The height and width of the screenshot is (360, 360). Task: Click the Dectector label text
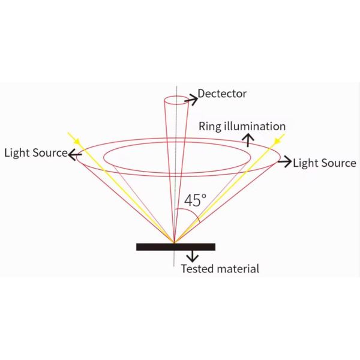point(222,94)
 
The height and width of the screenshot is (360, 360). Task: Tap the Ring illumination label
point(242,127)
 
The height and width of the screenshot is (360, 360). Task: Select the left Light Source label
point(36,153)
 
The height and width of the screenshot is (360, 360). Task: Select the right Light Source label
point(325,163)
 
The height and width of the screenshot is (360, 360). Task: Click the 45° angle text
point(195,200)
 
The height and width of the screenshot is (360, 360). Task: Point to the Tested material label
point(220,269)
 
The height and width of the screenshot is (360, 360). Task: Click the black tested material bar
point(176,247)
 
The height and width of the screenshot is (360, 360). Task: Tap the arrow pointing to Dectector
point(191,100)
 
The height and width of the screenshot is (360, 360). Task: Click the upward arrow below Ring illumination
point(248,140)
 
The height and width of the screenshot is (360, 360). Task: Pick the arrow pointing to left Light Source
point(75,154)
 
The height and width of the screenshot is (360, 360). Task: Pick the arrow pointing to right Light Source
point(284,161)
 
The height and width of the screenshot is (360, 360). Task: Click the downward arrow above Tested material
point(193,256)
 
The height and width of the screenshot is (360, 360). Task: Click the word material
point(238,268)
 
